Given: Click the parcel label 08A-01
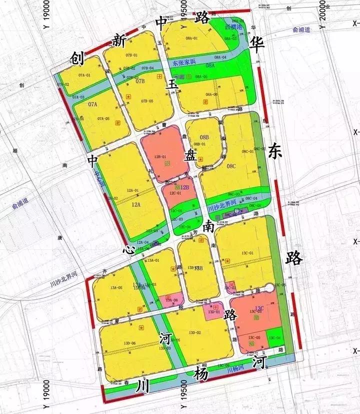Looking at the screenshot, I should pyautogui.click(x=192, y=38).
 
